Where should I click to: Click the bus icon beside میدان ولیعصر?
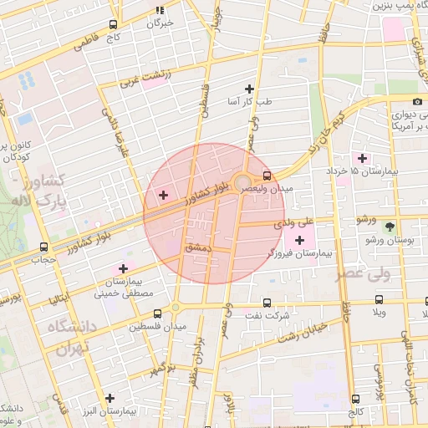tap(267, 176)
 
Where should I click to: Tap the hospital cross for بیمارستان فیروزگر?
tap(299, 242)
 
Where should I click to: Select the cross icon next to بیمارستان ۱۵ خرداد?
tap(362, 157)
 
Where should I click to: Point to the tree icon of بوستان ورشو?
tap(389, 226)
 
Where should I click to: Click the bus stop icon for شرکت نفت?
tap(267, 303)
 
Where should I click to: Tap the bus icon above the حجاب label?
tap(43, 247)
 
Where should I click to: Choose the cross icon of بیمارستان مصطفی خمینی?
tap(124, 268)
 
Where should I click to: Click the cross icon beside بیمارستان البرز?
tap(108, 398)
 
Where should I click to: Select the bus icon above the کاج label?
tap(113, 25)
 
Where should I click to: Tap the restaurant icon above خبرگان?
tap(159, 10)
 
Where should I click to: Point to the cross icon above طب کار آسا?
tap(248, 88)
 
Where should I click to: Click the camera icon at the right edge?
tap(417, 102)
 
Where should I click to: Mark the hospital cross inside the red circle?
tap(162, 195)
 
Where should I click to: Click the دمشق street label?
tap(199, 248)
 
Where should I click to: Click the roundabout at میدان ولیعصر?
tap(242, 182)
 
